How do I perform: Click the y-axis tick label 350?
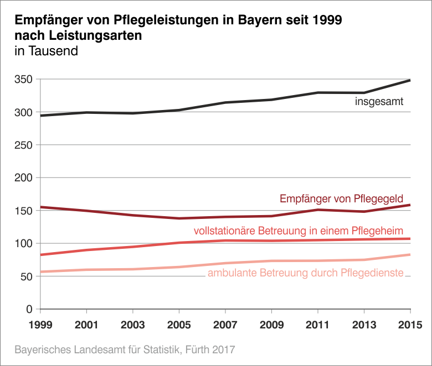click(x=24, y=80)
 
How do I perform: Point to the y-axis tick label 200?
click(x=24, y=178)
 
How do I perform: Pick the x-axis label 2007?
click(x=225, y=323)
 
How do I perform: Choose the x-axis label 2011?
click(x=318, y=323)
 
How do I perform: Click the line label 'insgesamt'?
click(x=379, y=102)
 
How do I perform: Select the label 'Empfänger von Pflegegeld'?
click(x=341, y=198)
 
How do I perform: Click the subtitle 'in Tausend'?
click(x=46, y=52)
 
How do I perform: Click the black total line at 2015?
click(x=409, y=81)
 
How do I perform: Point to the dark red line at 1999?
click(x=42, y=207)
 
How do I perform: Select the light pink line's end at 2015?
click(x=409, y=255)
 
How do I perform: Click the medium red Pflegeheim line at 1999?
click(x=42, y=255)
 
